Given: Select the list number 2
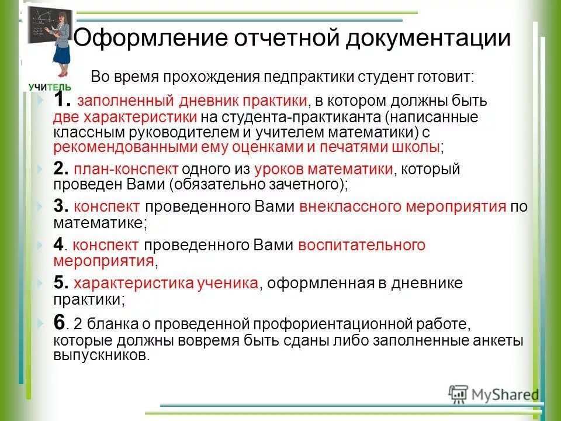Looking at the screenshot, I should pyautogui.click(x=60, y=170).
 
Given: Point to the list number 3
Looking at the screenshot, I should pyautogui.click(x=61, y=206).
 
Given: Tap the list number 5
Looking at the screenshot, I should pyautogui.click(x=61, y=283).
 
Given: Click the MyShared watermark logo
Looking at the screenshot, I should pyautogui.click(x=494, y=394).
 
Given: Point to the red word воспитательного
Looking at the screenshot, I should pyautogui.click(x=362, y=246).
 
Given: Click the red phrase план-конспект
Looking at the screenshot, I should pyautogui.click(x=126, y=170).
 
